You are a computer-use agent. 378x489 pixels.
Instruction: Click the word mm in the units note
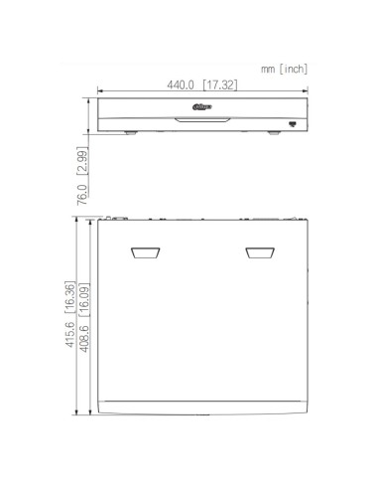click(268, 69)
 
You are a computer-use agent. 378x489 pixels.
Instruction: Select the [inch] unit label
click(293, 69)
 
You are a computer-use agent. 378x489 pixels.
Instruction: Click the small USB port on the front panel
click(293, 122)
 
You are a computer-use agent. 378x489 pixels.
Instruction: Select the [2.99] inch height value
click(83, 159)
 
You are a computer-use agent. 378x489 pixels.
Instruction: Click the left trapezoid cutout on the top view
click(145, 253)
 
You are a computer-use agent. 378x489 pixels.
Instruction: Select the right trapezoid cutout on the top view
click(261, 253)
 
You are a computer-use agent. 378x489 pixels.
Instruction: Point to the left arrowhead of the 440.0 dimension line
click(100, 95)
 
